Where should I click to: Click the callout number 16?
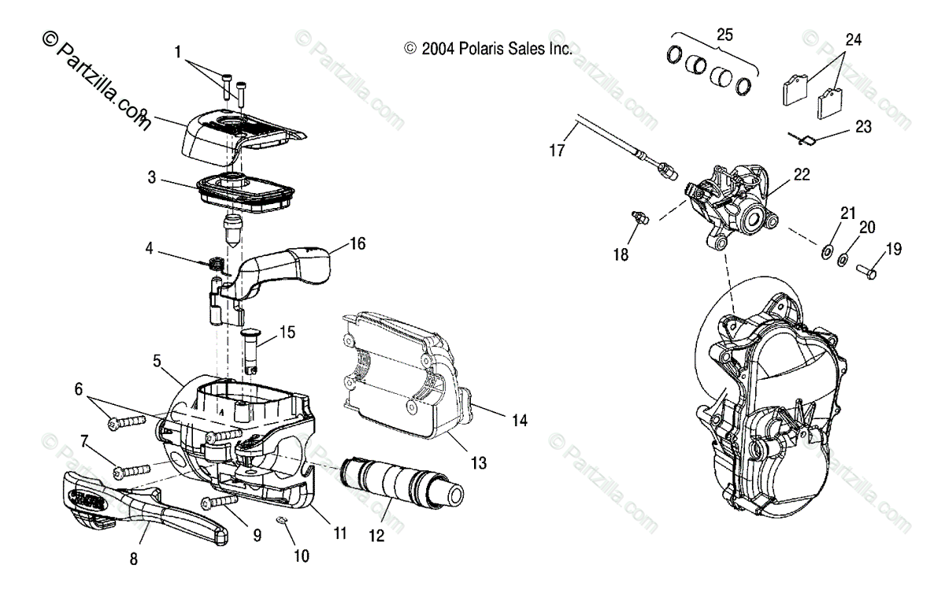click(358, 244)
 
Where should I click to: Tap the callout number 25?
click(724, 34)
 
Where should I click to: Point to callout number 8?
click(133, 559)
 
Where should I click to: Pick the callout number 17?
click(557, 150)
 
